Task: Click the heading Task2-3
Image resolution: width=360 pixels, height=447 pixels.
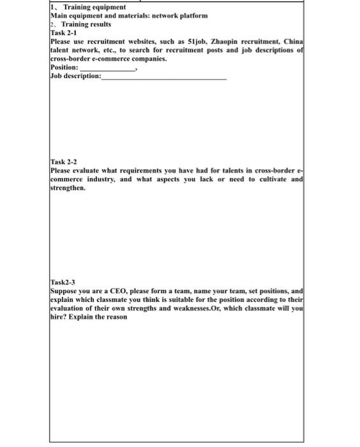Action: (63, 281)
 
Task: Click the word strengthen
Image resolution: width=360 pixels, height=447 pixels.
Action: (67, 189)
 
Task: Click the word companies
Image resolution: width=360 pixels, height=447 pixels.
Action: (147, 58)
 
